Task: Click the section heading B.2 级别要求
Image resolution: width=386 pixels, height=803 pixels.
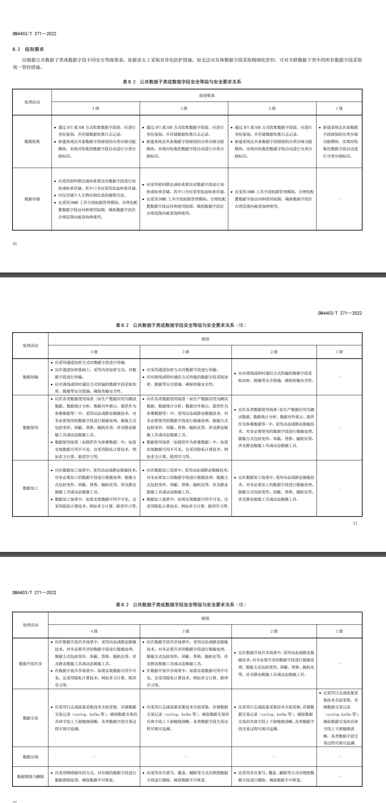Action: tap(28, 49)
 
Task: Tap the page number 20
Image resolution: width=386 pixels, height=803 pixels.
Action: tap(15, 244)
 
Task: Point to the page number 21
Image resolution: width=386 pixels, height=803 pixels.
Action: tap(355, 523)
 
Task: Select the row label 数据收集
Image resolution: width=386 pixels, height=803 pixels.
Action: tap(32, 142)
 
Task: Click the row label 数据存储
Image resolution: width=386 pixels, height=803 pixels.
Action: tap(32, 199)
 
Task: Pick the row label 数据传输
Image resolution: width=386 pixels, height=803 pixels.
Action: tap(30, 377)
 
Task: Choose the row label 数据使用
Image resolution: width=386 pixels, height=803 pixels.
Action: tap(30, 428)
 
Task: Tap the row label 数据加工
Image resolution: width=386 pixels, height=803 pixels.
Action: tap(30, 488)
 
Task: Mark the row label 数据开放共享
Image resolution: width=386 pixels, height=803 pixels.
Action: tap(30, 664)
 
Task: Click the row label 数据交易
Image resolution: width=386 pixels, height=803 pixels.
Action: tap(30, 718)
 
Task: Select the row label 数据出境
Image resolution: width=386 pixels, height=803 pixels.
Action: tap(30, 757)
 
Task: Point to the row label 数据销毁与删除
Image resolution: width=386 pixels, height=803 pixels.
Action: tap(30, 777)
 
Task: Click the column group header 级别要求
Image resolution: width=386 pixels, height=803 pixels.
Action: tap(207, 96)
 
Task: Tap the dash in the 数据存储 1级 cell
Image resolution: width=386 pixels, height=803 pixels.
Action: tap(339, 199)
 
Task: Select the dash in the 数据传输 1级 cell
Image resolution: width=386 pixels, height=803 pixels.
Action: tap(339, 377)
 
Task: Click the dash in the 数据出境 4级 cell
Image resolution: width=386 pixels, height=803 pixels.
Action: tap(94, 757)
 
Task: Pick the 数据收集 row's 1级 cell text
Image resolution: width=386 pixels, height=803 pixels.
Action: tap(340, 142)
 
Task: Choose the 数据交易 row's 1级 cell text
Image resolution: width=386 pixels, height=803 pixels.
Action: tap(341, 718)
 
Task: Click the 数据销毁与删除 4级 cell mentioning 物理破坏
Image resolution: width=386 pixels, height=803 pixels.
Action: tap(95, 776)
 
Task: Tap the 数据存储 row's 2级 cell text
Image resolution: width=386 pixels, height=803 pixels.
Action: tap(273, 199)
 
